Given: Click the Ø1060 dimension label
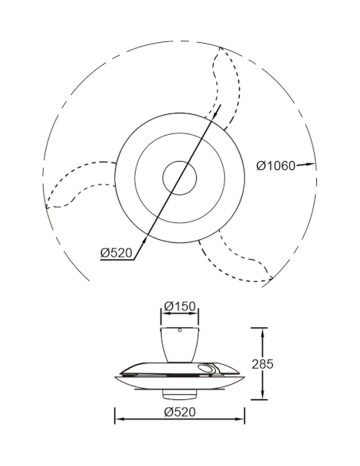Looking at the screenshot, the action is tap(276, 166).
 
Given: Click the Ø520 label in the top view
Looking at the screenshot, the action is tap(116, 253).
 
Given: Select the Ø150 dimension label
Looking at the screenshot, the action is tap(180, 306).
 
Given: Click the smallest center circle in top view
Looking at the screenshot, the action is tap(180, 178).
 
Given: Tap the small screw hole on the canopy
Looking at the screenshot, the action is tap(180, 330).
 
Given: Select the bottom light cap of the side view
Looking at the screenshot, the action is tap(180, 395).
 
